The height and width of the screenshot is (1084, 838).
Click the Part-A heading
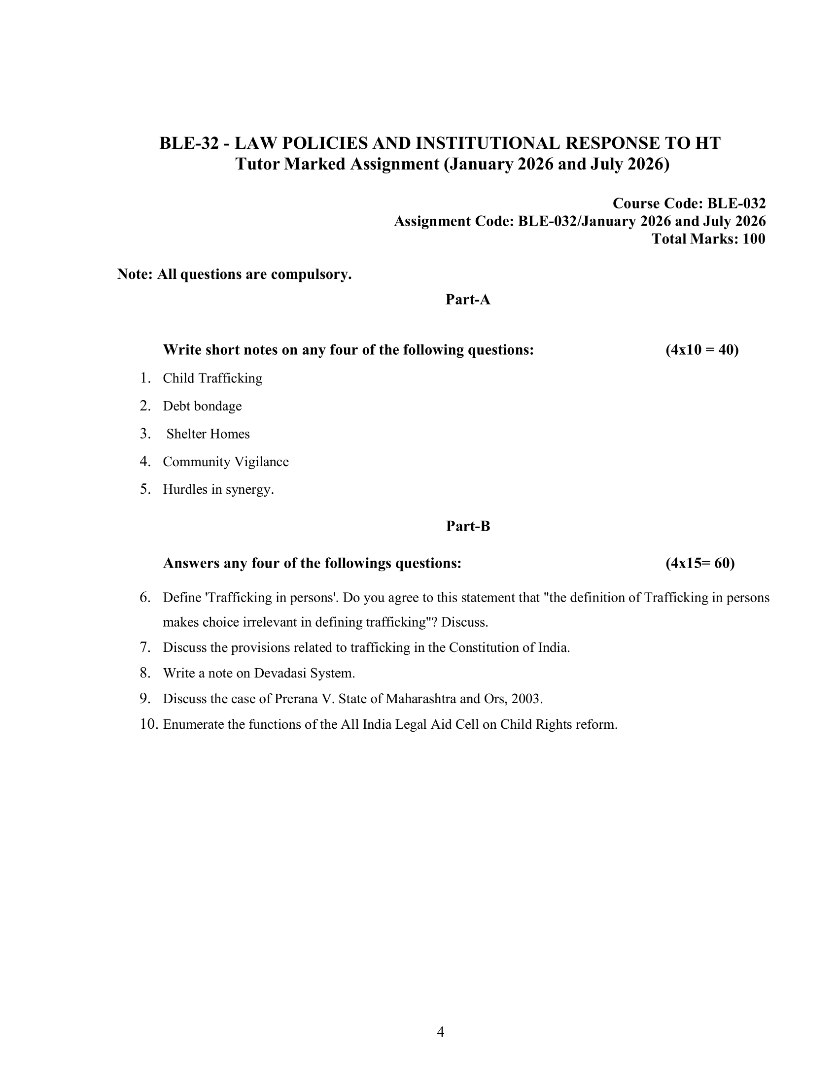pos(468,299)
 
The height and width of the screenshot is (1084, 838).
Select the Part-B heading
pos(468,526)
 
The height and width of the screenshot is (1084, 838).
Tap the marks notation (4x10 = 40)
pos(702,350)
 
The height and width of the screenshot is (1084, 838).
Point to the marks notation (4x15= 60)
pos(700,563)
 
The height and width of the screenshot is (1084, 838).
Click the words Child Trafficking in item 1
pos(212,378)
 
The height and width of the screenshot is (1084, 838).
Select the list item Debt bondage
pos(202,406)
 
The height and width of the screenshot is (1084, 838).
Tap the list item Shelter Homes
pos(208,434)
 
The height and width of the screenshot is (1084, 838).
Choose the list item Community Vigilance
pos(225,462)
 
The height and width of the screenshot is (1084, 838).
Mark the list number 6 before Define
pos(145,597)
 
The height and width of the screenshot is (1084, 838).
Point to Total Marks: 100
pos(708,239)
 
